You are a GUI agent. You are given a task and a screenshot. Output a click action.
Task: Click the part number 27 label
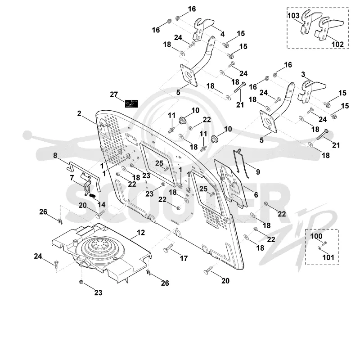114,94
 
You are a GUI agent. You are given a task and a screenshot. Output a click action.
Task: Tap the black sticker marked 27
131,103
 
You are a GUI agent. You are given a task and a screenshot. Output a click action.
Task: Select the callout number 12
141,232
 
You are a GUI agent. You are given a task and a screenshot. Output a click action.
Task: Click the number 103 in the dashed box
293,15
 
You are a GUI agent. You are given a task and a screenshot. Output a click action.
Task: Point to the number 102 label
337,44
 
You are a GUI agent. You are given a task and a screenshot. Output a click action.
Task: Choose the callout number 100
316,236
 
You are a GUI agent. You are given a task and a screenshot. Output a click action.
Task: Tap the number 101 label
328,257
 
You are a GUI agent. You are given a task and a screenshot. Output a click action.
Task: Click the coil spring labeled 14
92,196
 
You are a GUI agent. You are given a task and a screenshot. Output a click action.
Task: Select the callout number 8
55,155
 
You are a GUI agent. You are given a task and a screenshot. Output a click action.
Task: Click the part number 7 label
72,178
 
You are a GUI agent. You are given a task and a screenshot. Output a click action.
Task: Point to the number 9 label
258,172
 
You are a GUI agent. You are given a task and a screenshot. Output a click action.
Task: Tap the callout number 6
256,195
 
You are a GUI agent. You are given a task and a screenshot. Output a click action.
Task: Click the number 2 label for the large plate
79,113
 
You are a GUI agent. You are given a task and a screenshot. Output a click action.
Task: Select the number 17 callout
184,258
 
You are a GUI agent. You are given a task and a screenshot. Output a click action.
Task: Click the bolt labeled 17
168,248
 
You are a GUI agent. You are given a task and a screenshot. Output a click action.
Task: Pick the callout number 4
222,34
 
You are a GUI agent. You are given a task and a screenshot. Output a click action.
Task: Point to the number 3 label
303,74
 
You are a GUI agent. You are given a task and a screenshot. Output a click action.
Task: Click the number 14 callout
102,204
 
